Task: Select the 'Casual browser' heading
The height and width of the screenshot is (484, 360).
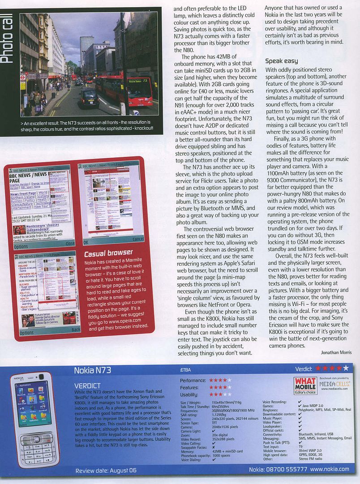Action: click(x=108, y=253)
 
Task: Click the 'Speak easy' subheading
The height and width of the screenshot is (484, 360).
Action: click(x=281, y=60)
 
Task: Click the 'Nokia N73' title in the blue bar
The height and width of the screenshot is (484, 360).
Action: click(x=92, y=370)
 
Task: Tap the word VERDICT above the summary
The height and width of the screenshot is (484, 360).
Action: click(x=87, y=385)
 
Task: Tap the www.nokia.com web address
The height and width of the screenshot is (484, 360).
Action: click(x=330, y=470)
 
